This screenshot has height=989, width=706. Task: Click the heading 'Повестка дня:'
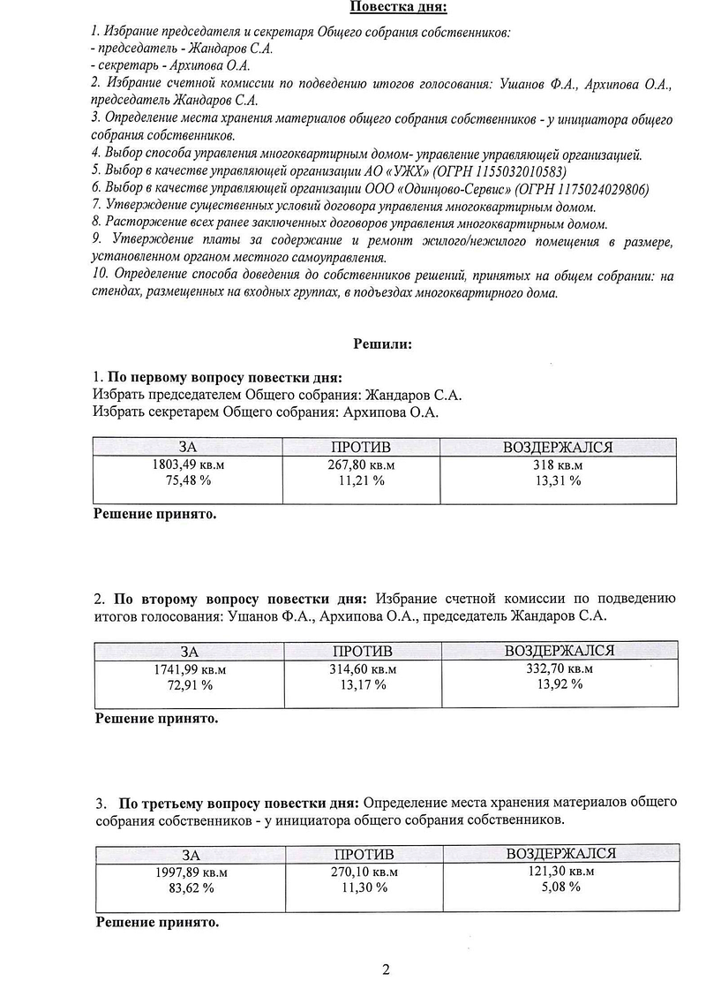tap(398, 8)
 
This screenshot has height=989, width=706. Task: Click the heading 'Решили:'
tap(383, 344)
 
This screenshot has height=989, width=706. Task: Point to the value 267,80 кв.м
tap(362, 464)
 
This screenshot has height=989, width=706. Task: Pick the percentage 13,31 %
tap(558, 480)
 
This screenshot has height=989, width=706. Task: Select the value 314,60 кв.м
tap(363, 668)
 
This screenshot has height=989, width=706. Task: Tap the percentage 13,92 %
tap(559, 684)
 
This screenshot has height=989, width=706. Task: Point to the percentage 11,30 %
tap(364, 887)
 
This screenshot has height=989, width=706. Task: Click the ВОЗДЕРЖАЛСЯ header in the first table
tap(558, 448)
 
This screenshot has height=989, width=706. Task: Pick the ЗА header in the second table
tap(190, 652)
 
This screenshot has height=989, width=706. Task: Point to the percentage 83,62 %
tap(192, 887)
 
